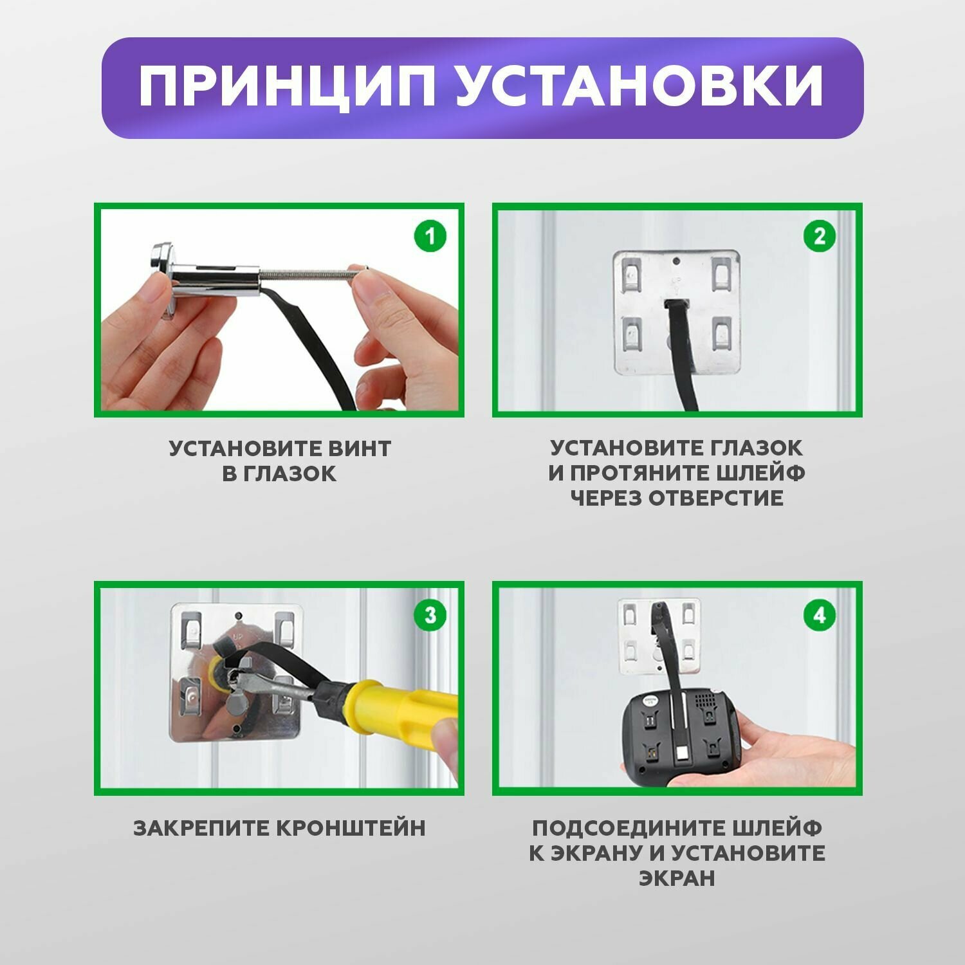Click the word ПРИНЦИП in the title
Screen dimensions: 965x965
(x=286, y=87)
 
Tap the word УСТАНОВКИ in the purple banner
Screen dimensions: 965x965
(x=640, y=87)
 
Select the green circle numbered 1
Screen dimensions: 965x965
(x=430, y=236)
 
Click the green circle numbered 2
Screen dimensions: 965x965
(x=819, y=236)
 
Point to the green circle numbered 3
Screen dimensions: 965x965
(x=430, y=615)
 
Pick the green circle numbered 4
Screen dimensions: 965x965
(x=819, y=615)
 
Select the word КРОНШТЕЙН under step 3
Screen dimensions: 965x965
(x=351, y=827)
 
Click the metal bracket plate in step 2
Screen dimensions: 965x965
(x=676, y=313)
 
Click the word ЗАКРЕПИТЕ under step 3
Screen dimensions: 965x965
(x=202, y=827)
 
